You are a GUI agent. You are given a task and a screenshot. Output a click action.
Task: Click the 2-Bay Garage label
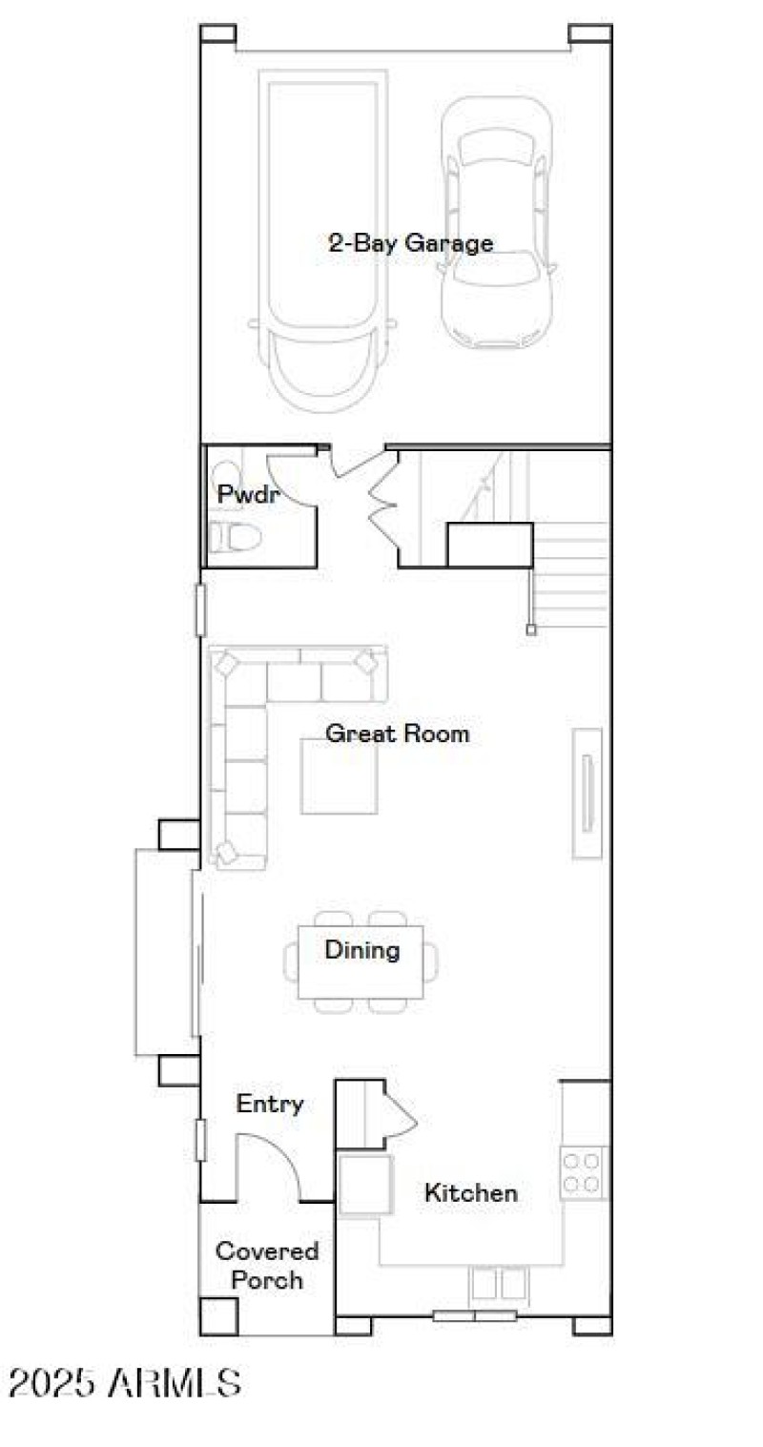411,242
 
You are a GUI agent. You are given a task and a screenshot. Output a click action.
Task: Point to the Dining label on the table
361,950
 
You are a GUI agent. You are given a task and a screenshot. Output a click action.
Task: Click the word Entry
270,1104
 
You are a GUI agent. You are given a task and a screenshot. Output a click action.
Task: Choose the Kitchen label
471,1192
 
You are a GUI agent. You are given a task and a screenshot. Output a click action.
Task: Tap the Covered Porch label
267,1265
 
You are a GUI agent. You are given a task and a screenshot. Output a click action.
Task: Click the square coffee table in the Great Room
339,777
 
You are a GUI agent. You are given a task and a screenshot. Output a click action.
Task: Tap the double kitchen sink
498,1284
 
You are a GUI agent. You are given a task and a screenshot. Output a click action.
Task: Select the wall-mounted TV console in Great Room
588,794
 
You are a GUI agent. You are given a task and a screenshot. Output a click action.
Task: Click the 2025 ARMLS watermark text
125,1382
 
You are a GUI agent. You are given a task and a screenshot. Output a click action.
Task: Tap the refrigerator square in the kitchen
366,1184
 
